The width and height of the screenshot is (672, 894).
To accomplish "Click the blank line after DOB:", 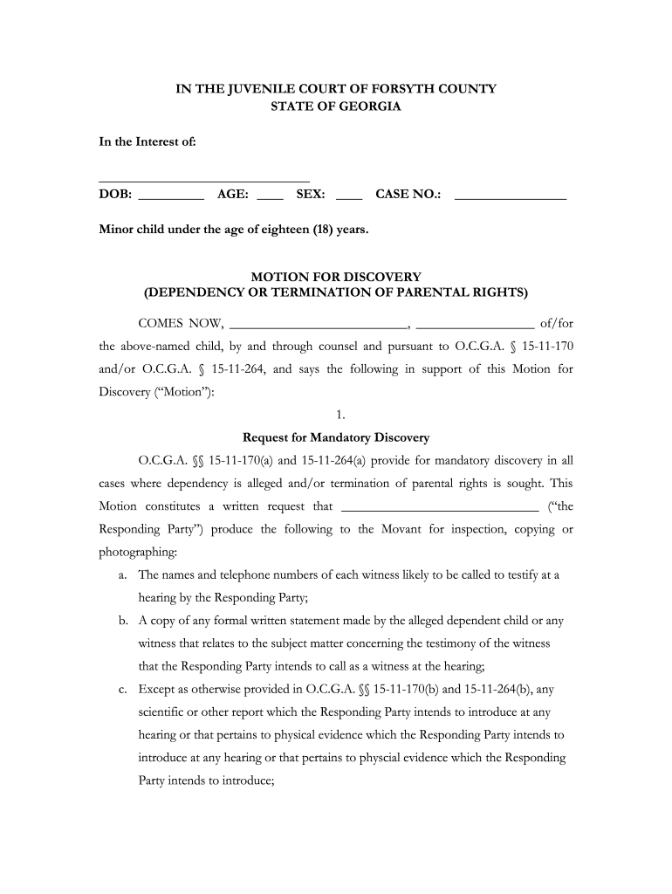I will pos(171,199).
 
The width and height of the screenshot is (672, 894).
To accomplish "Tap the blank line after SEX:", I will pos(348,199).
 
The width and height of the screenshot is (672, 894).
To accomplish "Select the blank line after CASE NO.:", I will pos(511,199).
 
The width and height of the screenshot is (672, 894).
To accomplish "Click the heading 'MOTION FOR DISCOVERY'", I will pos(336,277).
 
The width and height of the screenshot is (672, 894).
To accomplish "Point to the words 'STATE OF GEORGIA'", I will pos(336,106).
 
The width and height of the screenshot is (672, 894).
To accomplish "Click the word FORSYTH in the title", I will pos(401,89).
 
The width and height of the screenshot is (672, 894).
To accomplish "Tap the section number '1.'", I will pos(336,415).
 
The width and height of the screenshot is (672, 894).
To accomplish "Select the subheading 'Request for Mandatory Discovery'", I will pos(336,437).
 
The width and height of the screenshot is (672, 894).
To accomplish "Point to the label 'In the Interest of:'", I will pos(147,142).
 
